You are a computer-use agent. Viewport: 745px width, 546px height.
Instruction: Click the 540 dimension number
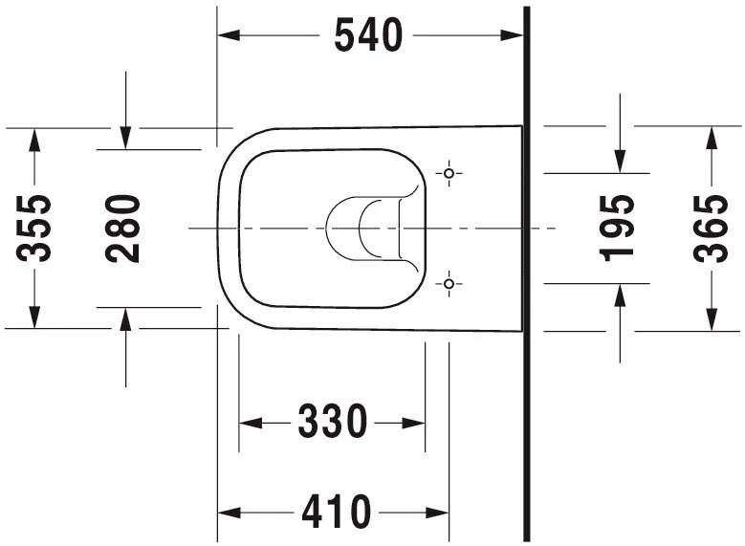pyautogui.click(x=369, y=35)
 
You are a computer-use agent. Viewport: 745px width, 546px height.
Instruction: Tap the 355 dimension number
pyautogui.click(x=33, y=229)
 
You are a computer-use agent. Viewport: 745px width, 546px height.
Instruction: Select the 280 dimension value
pyautogui.click(x=122, y=229)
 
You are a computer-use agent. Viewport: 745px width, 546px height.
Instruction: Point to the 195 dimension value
pyautogui.click(x=617, y=229)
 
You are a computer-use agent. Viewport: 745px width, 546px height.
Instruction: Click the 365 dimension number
pyautogui.click(x=711, y=229)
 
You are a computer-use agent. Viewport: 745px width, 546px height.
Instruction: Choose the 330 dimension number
pyautogui.click(x=333, y=422)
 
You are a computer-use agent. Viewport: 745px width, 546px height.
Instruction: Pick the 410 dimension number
pyautogui.click(x=337, y=512)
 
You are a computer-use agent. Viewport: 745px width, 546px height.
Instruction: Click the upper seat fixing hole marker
pyautogui.click(x=449, y=173)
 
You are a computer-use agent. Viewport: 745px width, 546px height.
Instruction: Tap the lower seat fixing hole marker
pyautogui.click(x=449, y=284)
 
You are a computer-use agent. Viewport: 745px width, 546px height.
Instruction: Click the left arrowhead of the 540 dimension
pyautogui.click(x=229, y=35)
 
